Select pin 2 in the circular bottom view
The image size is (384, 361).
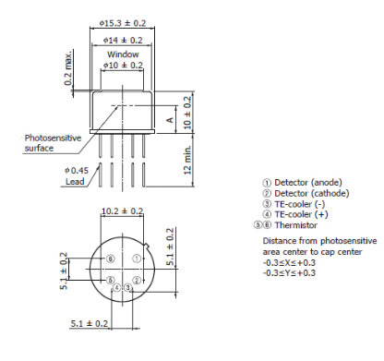[x=136, y=280]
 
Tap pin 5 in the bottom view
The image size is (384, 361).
[x=110, y=280]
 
